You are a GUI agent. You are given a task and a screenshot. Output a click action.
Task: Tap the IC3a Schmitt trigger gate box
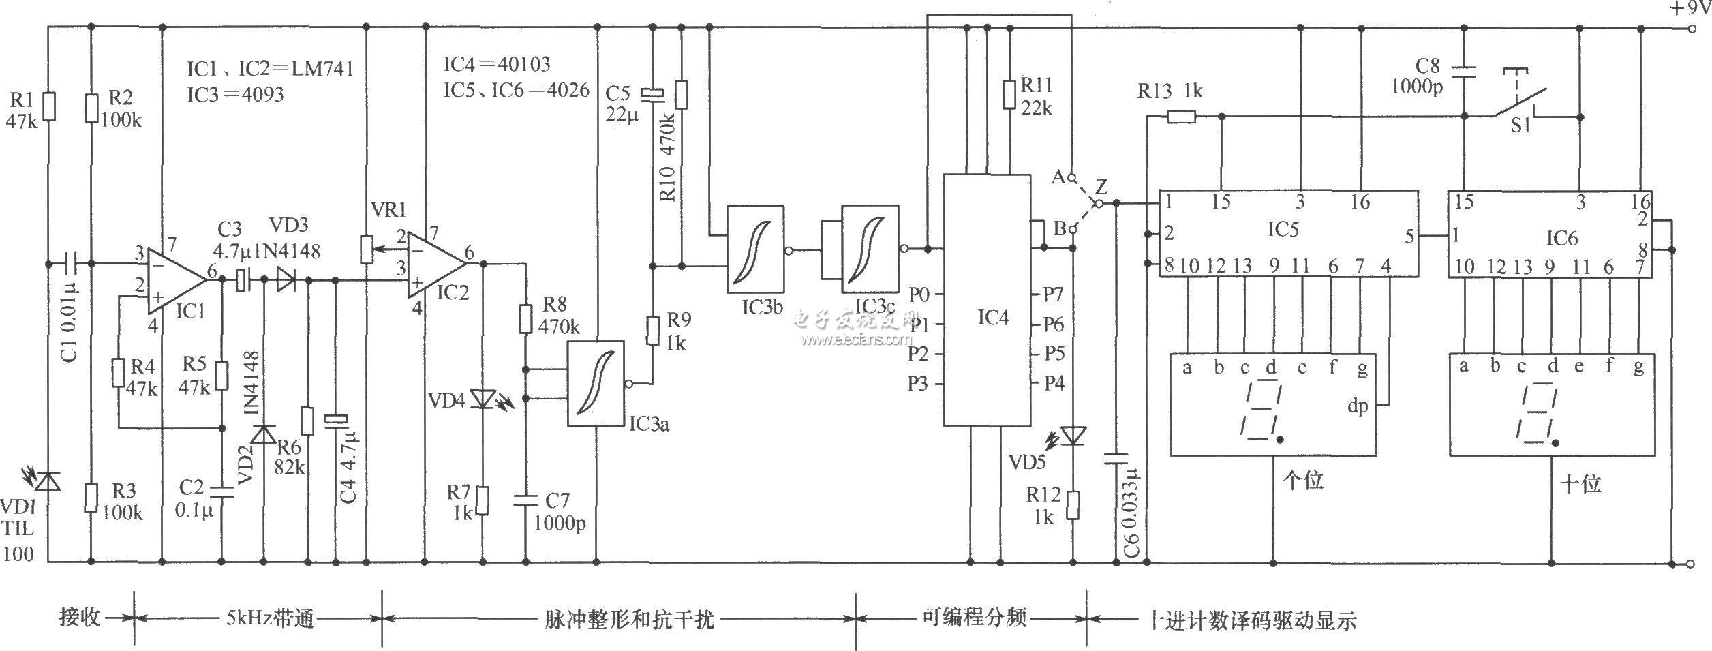(596, 384)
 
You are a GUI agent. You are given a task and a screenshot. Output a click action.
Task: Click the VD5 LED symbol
(1073, 434)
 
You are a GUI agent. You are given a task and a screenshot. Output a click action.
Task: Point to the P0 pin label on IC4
(919, 294)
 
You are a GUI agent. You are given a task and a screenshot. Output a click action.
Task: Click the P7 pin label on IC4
(1054, 294)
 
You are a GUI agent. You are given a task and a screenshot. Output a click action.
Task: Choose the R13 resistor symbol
(1181, 117)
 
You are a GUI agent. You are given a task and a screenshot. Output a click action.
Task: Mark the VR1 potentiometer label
(389, 209)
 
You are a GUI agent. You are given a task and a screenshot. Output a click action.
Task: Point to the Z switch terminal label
(1101, 186)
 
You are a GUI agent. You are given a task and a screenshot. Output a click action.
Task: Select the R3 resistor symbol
(91, 497)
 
